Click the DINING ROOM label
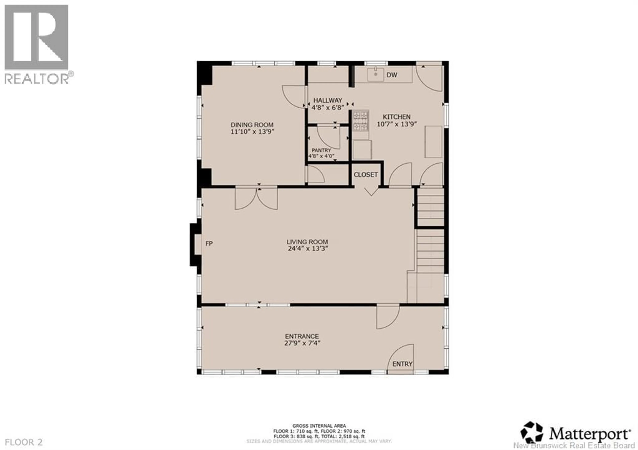[x=252, y=125]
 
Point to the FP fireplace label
[x=209, y=244]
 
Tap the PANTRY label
[x=321, y=150]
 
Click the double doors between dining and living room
[x=256, y=199]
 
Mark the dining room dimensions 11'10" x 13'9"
[x=252, y=132]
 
